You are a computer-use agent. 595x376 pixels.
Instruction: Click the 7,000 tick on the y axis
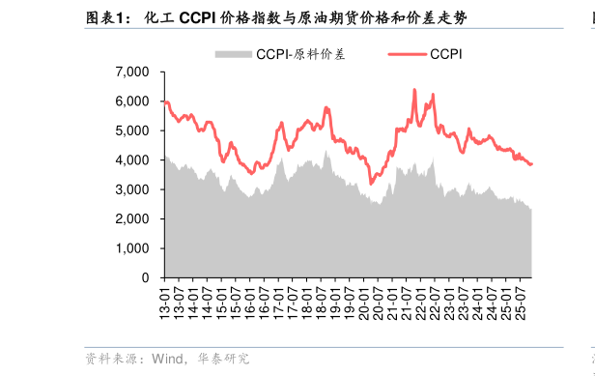[x=131, y=72]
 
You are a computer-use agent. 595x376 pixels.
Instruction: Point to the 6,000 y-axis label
[x=131, y=101]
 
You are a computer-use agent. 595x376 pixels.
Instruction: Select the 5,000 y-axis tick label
[x=131, y=130]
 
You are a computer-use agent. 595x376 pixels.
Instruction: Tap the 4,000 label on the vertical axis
[x=131, y=159]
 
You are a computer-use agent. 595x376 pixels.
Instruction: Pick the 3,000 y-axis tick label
[x=131, y=189]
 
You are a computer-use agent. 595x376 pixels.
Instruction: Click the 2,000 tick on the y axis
[x=131, y=218]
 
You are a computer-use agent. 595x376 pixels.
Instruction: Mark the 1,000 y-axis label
[x=131, y=248]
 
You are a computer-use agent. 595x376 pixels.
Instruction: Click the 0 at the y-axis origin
[x=145, y=277]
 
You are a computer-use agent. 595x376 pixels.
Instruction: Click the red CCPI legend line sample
[x=409, y=54]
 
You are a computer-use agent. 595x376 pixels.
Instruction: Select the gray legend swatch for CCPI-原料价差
[x=233, y=54]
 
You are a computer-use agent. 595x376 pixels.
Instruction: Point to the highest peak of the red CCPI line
[x=414, y=90]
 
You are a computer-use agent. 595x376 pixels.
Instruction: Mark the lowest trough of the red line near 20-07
[x=371, y=183]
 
